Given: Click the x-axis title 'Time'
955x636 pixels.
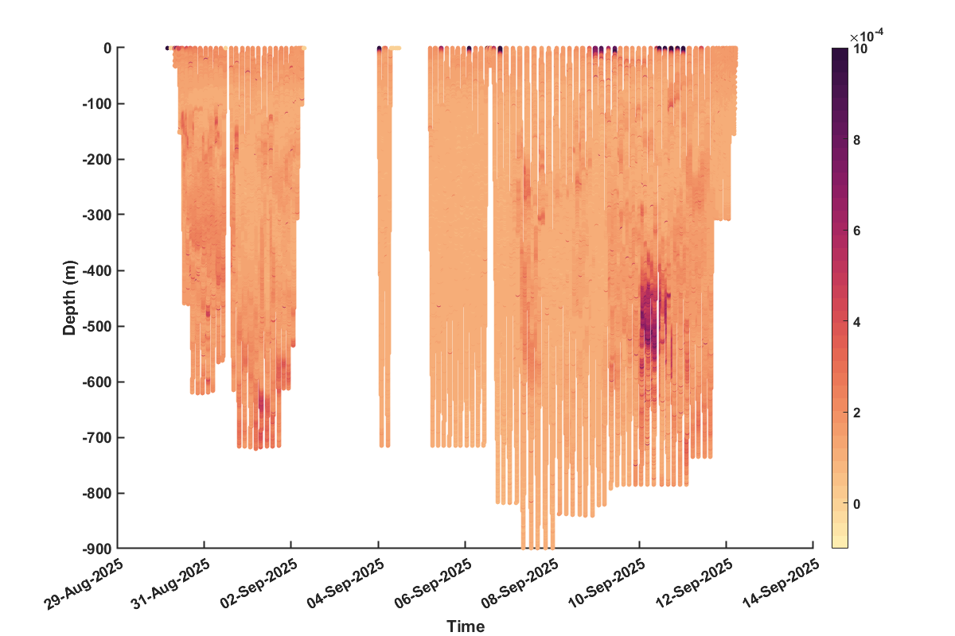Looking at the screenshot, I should tap(465, 626).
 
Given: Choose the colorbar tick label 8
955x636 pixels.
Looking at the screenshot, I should tap(857, 140).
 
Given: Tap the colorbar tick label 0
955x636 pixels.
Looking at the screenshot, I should tap(857, 504).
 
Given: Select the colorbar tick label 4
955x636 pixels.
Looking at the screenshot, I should tap(857, 322).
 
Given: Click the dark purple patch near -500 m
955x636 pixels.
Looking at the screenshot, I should tap(648, 318).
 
